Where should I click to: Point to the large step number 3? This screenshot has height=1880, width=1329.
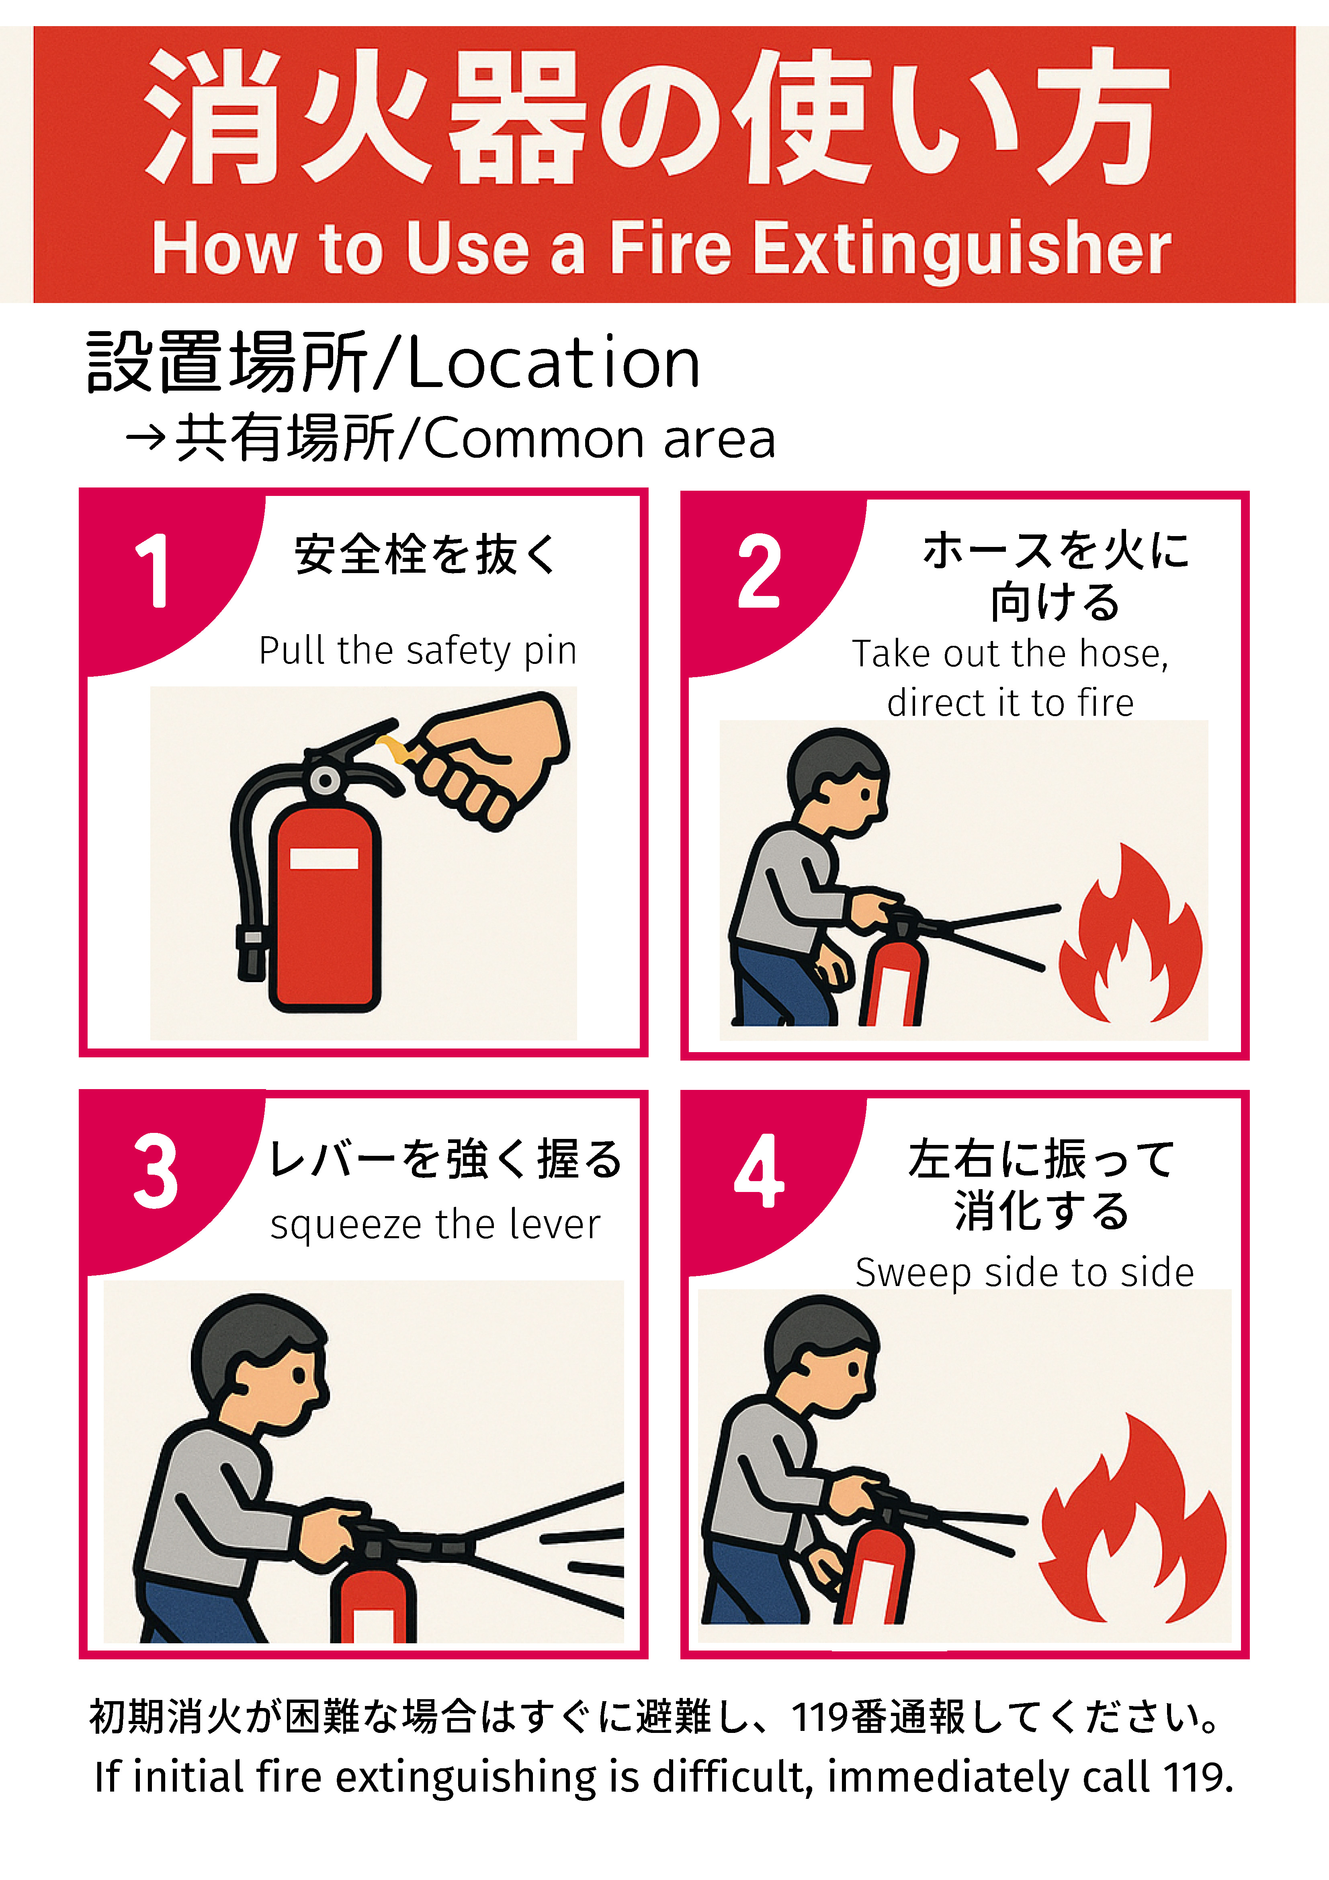pos(156,1171)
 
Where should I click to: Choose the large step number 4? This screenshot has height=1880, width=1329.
pos(759,1171)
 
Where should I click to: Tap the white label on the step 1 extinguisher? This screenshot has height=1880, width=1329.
pos(324,858)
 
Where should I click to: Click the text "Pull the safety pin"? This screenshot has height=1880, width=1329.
pos(418,651)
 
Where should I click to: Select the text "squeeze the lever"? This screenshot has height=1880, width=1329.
pos(435,1225)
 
